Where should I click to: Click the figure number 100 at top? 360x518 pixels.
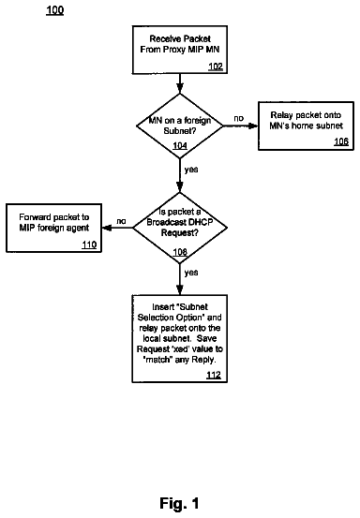pyautogui.click(x=55, y=10)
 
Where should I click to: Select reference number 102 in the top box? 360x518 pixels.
pyautogui.click(x=216, y=67)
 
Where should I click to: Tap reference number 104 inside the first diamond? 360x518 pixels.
pyautogui.click(x=180, y=146)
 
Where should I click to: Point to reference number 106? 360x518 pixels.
pyautogui.click(x=341, y=141)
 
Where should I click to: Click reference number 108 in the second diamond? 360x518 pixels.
pyautogui.click(x=180, y=252)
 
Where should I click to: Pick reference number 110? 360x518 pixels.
pyautogui.click(x=89, y=244)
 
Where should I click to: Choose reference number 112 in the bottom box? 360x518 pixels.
pyautogui.click(x=214, y=375)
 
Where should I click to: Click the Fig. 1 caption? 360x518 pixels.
pyautogui.click(x=179, y=503)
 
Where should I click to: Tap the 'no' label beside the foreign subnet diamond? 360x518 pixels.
pyautogui.click(x=239, y=118)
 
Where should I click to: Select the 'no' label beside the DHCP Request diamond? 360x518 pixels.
pyautogui.click(x=121, y=221)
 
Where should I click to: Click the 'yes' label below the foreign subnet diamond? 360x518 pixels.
pyautogui.click(x=191, y=170)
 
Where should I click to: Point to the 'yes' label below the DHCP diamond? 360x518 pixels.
pyautogui.click(x=191, y=273)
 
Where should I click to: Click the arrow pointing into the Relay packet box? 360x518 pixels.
pyautogui.click(x=240, y=126)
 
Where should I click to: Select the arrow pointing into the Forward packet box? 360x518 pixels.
pyautogui.click(x=117, y=228)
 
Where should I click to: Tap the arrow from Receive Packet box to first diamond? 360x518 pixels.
pyautogui.click(x=179, y=84)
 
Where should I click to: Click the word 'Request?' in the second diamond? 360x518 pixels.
pyautogui.click(x=180, y=233)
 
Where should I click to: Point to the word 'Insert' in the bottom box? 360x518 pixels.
pyautogui.click(x=163, y=307)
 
